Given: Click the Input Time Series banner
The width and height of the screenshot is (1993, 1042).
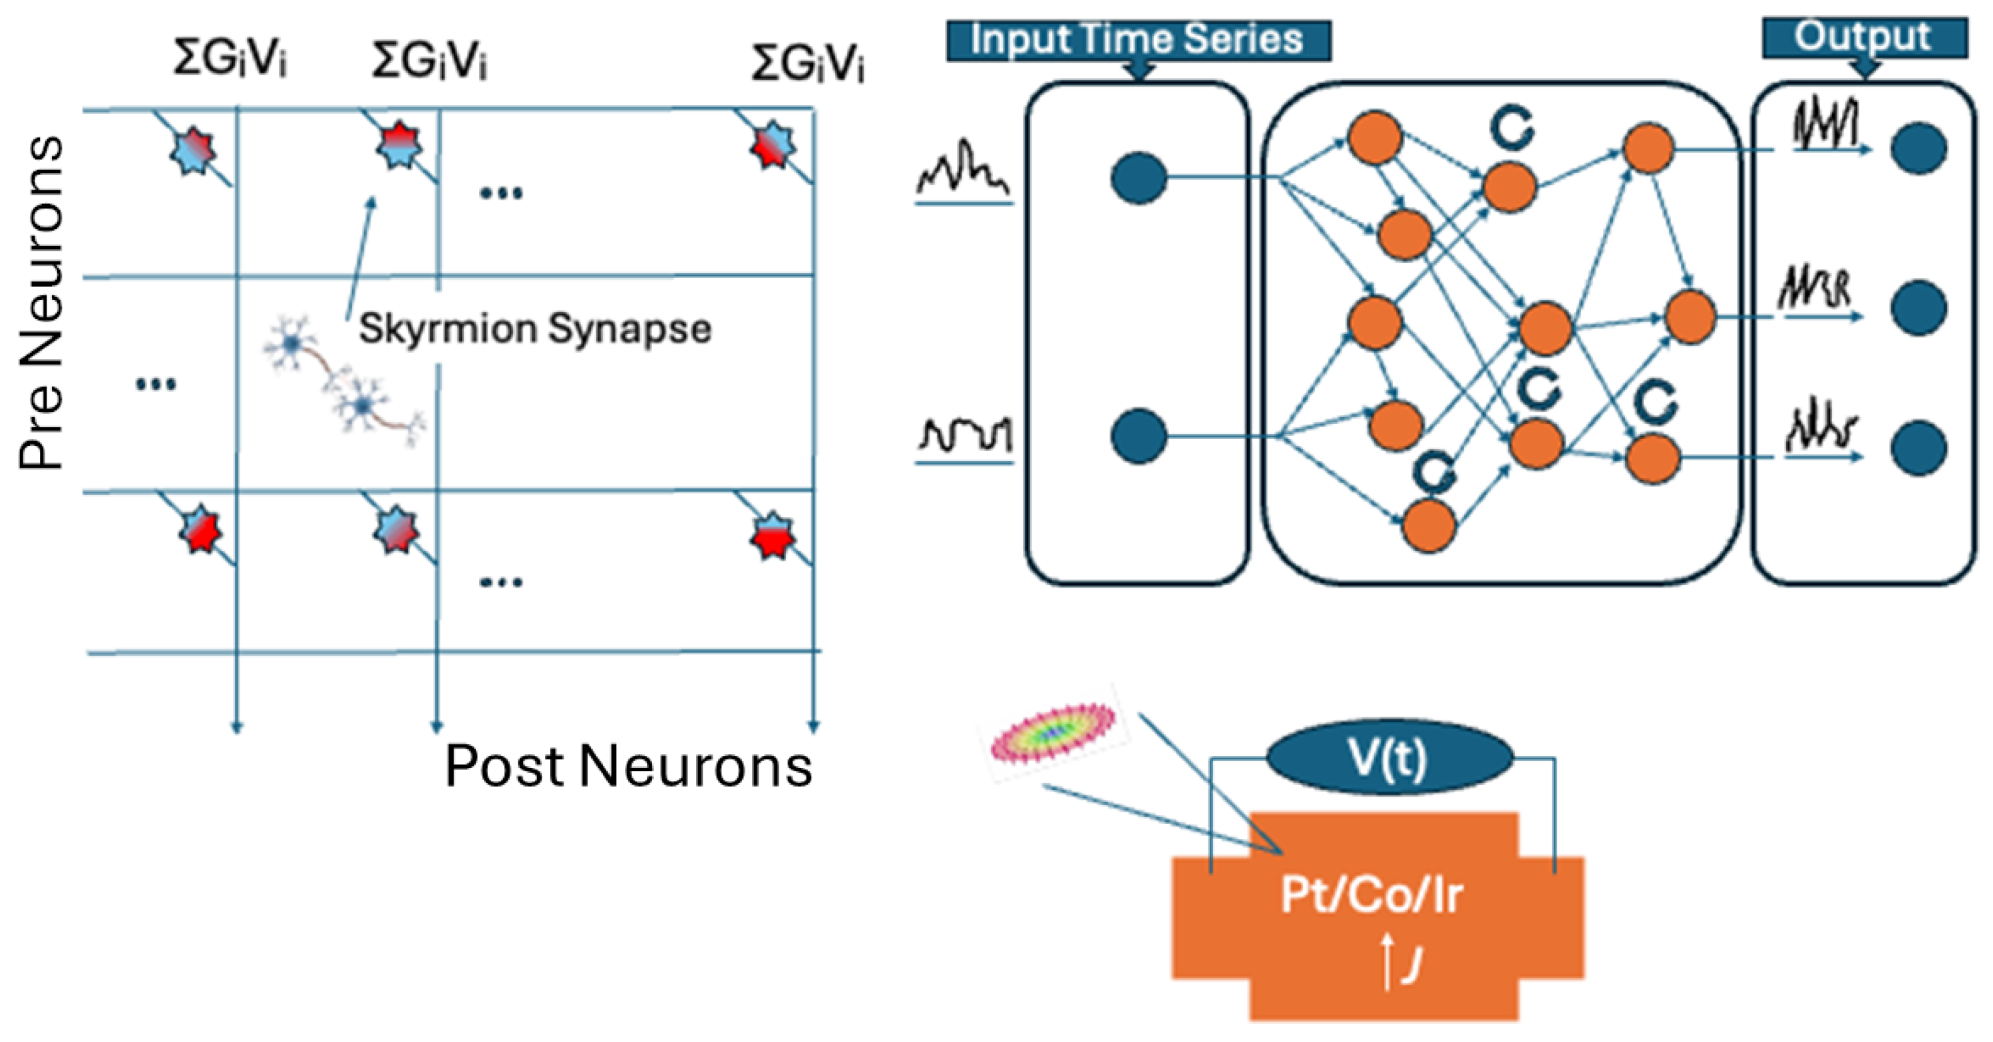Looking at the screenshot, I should click(x=1137, y=40).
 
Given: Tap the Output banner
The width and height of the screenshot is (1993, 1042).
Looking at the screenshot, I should click(x=1864, y=37).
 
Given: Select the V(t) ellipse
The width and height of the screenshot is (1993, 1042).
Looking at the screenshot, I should click(x=1389, y=757).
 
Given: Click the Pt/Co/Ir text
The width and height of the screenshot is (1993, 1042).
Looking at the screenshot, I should click(x=1371, y=895).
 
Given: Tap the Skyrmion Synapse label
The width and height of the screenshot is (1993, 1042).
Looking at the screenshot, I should click(x=534, y=329).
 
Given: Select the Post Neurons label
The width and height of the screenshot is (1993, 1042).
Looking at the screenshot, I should click(x=628, y=766).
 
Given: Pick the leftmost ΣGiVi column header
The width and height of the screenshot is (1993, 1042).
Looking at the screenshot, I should click(x=230, y=59).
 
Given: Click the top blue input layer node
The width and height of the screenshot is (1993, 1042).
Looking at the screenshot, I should click(x=1138, y=178).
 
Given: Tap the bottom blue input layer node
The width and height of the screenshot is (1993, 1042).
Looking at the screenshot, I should click(x=1138, y=437).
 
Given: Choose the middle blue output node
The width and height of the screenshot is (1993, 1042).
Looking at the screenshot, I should click(x=1918, y=308).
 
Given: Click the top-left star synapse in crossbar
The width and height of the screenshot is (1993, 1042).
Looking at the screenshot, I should click(x=193, y=150).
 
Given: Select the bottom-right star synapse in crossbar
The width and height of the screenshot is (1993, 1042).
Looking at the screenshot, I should click(x=771, y=536).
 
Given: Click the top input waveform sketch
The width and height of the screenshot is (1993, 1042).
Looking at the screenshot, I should click(x=964, y=170).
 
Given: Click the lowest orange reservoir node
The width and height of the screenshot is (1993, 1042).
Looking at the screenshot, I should click(x=1429, y=525).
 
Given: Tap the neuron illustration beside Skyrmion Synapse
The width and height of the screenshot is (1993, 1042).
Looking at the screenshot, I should click(x=341, y=379).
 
